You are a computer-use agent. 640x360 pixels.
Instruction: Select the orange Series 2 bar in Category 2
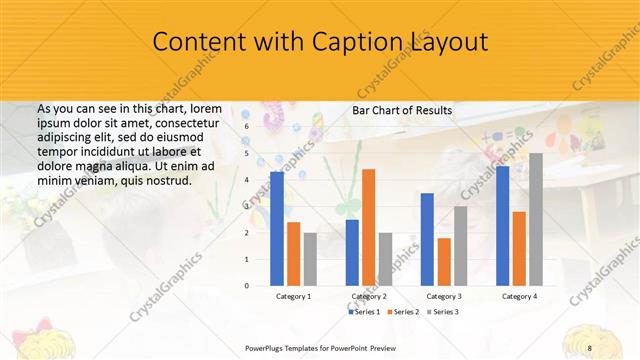coord(368,227)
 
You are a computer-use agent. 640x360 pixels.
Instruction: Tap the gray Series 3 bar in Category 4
coord(536,219)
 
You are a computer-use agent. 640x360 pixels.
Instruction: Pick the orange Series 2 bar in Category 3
coord(444,261)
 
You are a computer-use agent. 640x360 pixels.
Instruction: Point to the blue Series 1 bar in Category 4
coord(502,225)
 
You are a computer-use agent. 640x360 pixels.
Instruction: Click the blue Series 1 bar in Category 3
coord(427,239)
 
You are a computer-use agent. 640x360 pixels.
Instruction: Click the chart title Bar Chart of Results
coord(402,110)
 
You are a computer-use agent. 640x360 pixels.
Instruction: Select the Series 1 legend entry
coord(365,312)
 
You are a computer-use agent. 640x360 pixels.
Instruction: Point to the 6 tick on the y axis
coord(247,127)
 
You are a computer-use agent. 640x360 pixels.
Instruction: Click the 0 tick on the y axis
coord(247,285)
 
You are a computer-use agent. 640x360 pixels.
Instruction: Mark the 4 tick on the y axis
coord(247,180)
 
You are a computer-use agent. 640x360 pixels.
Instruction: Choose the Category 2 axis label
coord(369,297)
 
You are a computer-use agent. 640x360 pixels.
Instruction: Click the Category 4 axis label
coord(519,297)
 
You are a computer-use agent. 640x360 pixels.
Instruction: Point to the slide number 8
coord(589,347)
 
